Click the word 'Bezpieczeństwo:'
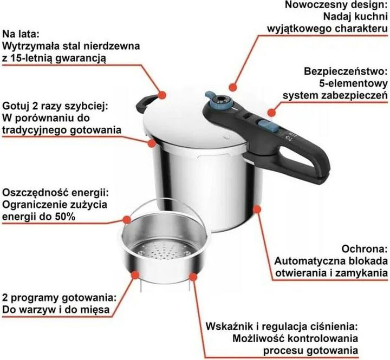click(346, 71)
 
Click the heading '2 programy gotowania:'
click(60, 298)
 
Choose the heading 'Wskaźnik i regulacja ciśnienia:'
click(282, 327)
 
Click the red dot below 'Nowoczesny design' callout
click(233, 86)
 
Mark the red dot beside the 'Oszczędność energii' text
click(126, 220)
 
